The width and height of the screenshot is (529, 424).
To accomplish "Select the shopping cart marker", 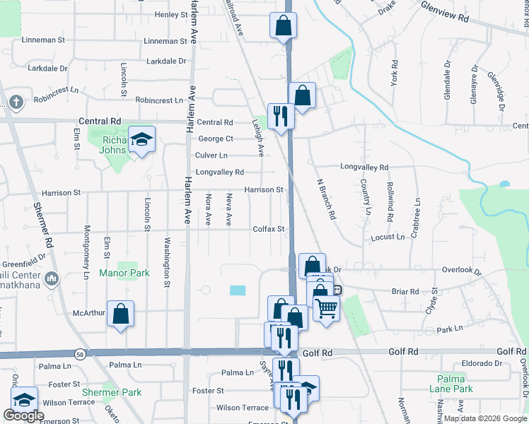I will tap(326, 308).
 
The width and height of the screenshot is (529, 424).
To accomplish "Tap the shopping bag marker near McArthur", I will tap(120, 313).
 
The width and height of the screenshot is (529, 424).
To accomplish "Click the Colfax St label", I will tap(269, 229).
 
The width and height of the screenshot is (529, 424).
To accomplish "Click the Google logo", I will tap(23, 416).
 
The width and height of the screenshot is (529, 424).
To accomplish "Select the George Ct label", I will tap(216, 139).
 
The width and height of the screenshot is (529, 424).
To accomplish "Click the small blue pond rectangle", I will tap(238, 290).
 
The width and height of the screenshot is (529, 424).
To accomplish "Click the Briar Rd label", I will tap(405, 291).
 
